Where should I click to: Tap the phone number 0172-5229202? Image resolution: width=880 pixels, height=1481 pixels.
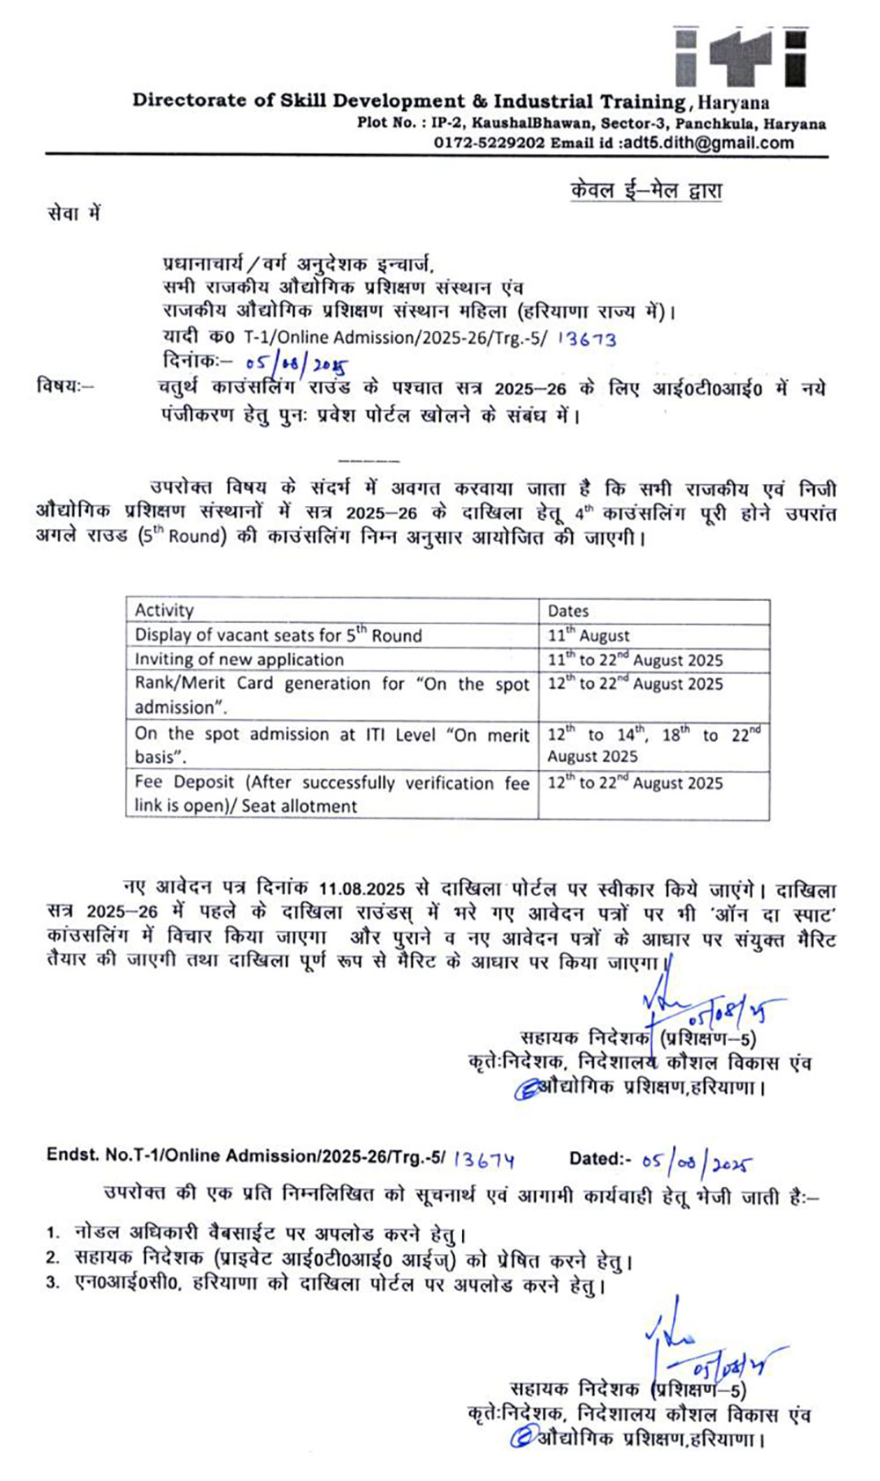488,143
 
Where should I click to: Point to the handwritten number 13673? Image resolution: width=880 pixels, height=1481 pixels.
588,339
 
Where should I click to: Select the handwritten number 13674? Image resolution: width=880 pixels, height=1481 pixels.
483,1159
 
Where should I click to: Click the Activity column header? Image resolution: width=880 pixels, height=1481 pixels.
165,611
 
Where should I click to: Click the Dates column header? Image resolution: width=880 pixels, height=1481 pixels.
568,611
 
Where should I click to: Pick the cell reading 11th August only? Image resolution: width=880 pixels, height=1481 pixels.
589,635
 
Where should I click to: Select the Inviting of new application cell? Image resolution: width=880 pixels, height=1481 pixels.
239,659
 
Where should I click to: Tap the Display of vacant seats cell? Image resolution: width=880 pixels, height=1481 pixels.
278,635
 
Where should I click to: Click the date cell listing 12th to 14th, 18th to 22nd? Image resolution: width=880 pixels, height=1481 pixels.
654,744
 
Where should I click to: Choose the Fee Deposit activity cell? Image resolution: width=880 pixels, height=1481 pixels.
332,794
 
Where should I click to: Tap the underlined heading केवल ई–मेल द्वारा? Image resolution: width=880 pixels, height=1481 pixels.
646,191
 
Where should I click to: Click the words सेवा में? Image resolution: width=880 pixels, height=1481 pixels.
74,214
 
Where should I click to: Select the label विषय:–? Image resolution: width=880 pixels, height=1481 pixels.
63,386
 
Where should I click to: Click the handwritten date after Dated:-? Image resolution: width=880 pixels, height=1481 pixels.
696,1162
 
